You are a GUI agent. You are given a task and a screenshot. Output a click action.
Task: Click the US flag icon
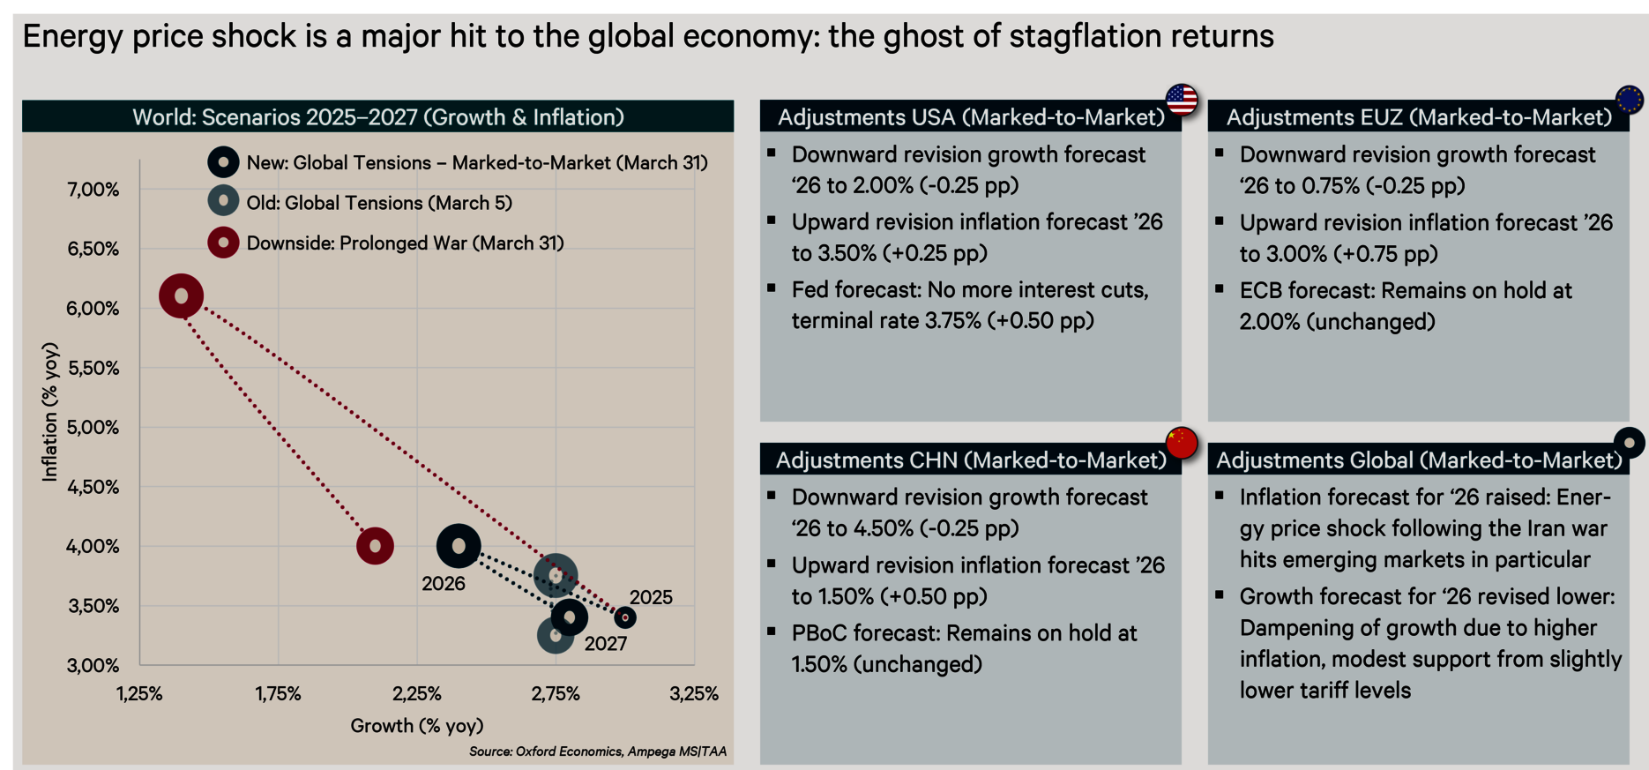pos(1182,100)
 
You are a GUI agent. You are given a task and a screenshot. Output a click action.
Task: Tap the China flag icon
pos(1182,443)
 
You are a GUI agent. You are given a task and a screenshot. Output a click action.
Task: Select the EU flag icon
pos(1630,100)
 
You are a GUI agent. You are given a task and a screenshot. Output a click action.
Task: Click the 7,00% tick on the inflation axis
pos(93,190)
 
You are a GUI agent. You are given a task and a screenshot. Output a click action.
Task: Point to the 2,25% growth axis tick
pos(417,694)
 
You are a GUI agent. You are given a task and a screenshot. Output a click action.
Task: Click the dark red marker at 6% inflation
pos(182,296)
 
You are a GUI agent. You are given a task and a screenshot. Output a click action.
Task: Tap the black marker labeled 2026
pos(459,547)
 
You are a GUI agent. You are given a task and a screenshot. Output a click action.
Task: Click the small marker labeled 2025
pos(625,617)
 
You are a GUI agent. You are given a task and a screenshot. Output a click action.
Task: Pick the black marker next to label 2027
pos(570,617)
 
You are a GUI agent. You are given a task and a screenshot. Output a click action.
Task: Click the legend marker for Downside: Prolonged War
pos(224,243)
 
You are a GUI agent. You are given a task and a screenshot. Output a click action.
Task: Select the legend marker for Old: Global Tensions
pos(224,202)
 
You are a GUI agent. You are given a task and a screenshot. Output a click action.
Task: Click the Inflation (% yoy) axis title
pos(50,412)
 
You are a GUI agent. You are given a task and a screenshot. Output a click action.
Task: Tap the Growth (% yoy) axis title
pos(417,726)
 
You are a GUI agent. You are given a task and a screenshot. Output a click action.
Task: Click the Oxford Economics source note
pos(597,751)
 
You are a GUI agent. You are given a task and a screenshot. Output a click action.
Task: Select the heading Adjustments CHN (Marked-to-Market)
pos(971,460)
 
